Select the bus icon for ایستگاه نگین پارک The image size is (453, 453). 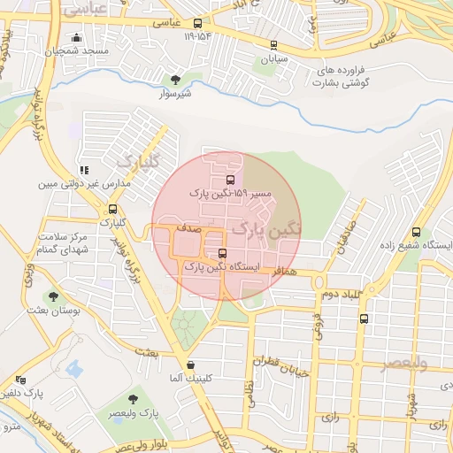(220, 252)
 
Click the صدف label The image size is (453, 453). (188, 228)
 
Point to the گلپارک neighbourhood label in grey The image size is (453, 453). (137, 162)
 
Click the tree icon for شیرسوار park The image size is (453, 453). (174, 80)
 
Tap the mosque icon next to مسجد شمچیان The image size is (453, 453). (77, 38)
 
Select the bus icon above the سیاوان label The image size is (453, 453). (273, 45)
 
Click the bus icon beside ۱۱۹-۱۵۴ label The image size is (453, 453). (196, 24)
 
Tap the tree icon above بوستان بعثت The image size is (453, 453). (54, 297)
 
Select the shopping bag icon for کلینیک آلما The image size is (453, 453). (190, 365)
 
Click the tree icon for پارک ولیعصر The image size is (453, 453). (134, 400)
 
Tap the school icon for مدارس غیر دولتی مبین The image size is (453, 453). (84, 170)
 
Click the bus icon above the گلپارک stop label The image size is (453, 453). (111, 210)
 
